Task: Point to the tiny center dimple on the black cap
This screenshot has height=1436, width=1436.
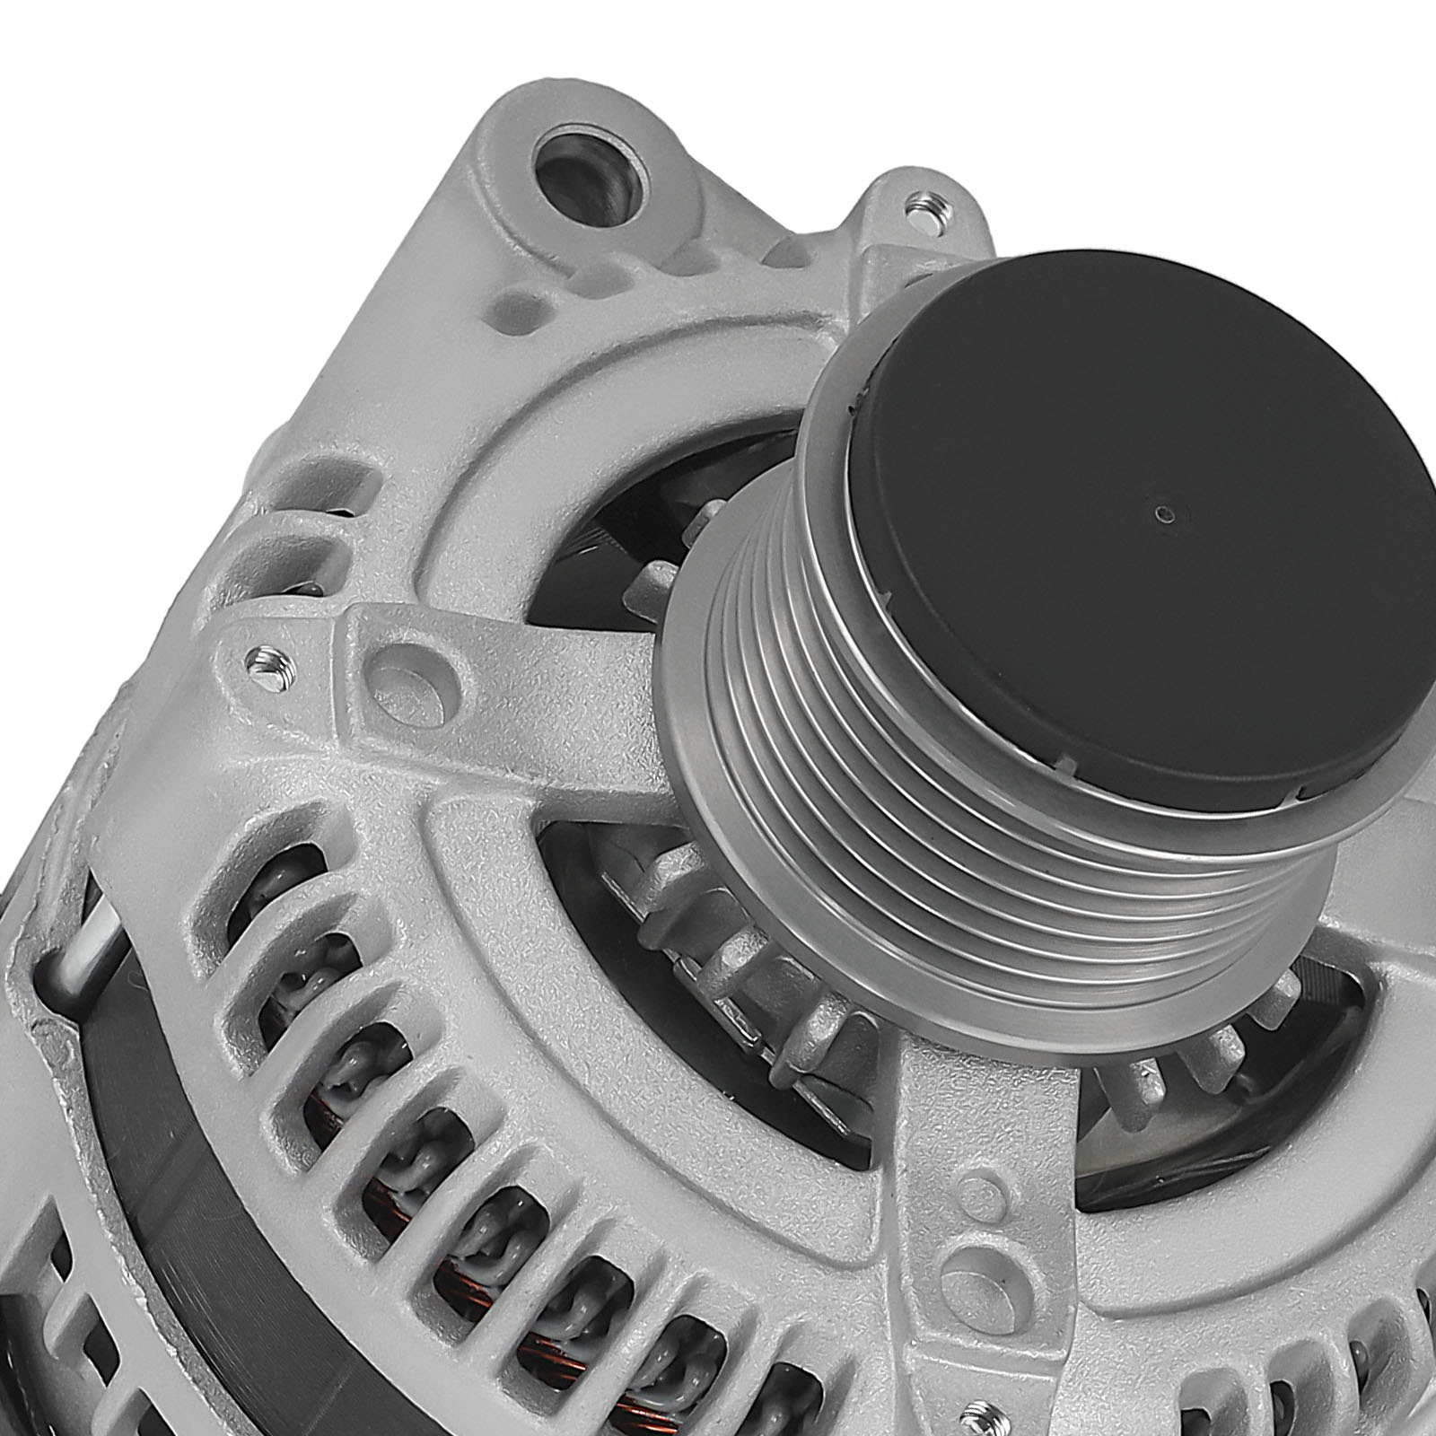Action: click(1164, 514)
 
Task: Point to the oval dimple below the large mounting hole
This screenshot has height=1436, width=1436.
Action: click(519, 309)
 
